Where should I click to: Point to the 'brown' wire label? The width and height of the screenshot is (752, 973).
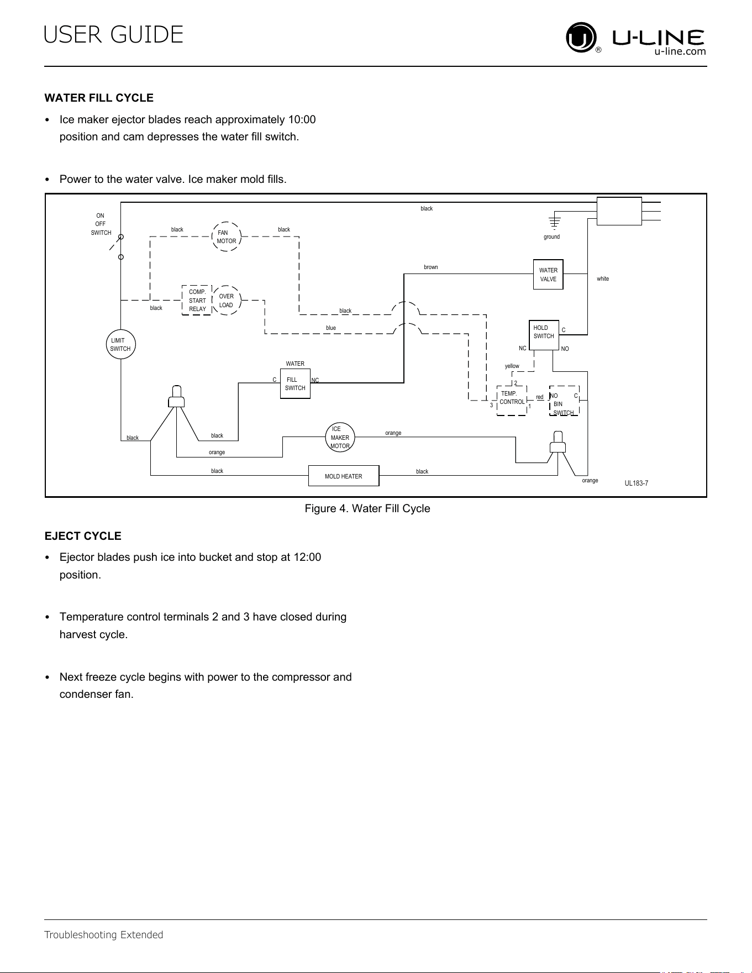coord(431,267)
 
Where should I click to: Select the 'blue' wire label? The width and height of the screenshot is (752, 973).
coord(331,328)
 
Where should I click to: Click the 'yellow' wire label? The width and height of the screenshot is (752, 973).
coord(512,366)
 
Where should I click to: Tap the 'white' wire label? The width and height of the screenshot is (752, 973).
coord(603,279)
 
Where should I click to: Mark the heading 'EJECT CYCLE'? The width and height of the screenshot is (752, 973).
coord(83,536)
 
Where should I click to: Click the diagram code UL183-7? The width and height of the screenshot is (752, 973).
coord(637,483)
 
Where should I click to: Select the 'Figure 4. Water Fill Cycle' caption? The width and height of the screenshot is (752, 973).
coord(367,508)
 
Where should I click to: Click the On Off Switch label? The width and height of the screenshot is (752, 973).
coord(101,224)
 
